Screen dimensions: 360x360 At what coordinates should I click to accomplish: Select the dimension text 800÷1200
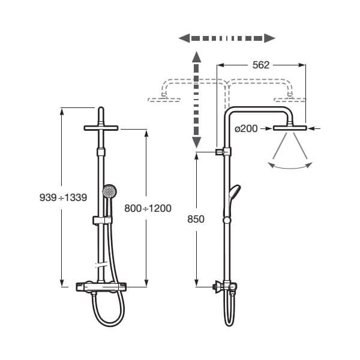147,208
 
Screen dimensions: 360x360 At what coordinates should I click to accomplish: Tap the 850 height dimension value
196,219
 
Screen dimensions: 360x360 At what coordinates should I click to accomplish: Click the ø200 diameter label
246,128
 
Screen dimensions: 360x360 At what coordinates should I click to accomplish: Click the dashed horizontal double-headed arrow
227,38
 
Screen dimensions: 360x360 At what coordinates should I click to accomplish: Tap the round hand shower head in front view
109,192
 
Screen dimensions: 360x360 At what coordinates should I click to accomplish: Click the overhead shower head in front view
101,128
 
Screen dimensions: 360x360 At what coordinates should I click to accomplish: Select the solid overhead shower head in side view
290,128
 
